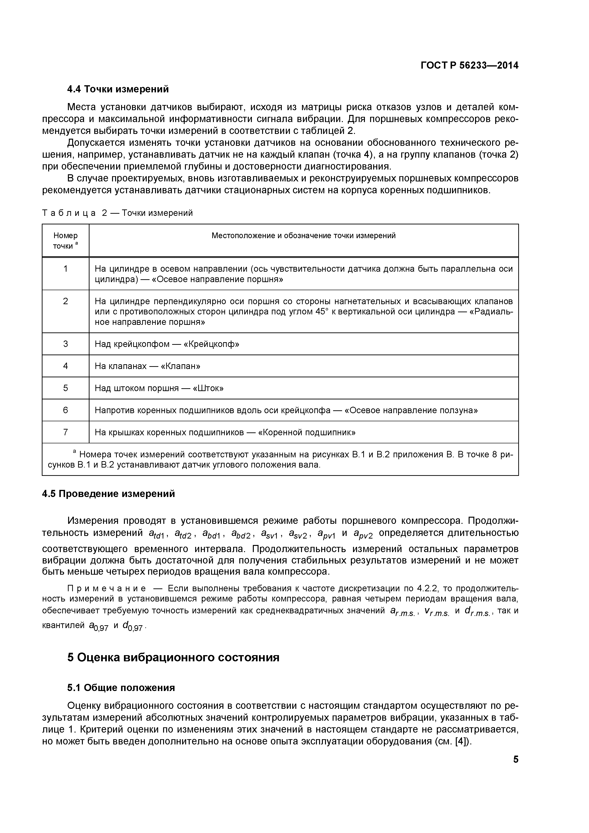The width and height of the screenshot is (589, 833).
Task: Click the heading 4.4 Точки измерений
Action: (x=118, y=89)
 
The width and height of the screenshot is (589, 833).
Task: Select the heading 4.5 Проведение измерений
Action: (x=108, y=494)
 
